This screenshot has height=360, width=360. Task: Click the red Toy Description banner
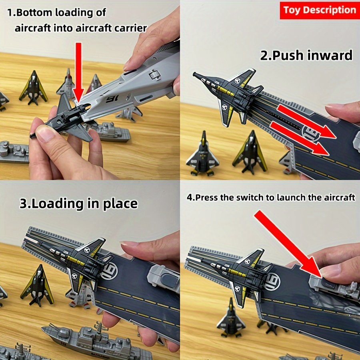click(x=319, y=10)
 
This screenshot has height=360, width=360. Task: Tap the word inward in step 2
click(x=327, y=55)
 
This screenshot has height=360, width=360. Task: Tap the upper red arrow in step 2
click(x=306, y=122)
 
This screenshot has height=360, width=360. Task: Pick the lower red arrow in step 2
click(x=300, y=138)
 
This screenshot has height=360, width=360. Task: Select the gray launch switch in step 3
click(x=164, y=277)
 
